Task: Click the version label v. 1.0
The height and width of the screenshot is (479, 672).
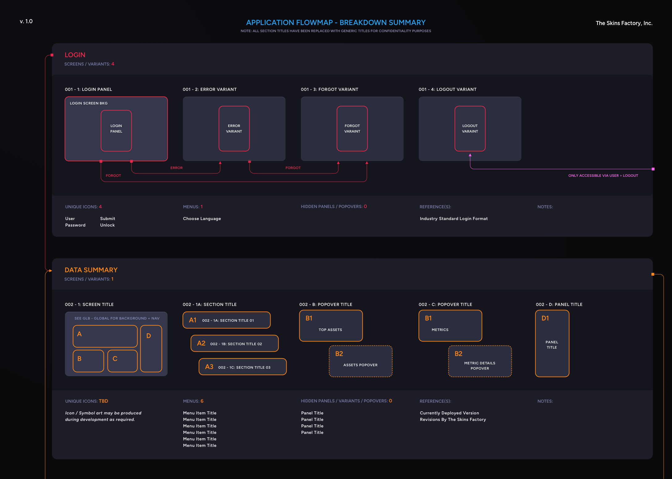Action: tap(26, 21)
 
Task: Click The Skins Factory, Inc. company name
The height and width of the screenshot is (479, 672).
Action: tap(624, 23)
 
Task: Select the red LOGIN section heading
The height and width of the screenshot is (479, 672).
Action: tap(75, 55)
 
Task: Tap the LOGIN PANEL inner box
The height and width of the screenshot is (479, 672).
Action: tap(116, 130)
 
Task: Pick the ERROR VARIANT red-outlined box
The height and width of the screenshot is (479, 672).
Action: tap(234, 129)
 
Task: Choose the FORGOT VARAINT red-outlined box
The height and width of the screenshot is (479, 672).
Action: tap(352, 129)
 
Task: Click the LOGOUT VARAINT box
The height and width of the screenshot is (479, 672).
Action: tap(470, 129)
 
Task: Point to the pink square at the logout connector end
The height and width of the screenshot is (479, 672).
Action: tap(653, 169)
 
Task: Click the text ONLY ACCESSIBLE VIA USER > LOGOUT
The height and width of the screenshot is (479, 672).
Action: tap(603, 176)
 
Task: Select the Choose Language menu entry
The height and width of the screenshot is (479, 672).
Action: tap(202, 218)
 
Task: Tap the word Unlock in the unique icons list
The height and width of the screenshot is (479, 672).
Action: tap(107, 225)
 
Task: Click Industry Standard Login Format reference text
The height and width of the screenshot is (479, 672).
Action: tap(454, 218)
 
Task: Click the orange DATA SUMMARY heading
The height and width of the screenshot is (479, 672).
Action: tap(91, 270)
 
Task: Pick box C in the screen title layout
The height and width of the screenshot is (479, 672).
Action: tap(122, 361)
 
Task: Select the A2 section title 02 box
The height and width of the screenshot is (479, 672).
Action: tap(235, 343)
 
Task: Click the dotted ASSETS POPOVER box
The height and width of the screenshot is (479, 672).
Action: tap(361, 361)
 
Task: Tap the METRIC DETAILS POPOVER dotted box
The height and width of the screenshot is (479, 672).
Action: tap(480, 361)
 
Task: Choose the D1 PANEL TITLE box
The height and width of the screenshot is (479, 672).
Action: tap(552, 343)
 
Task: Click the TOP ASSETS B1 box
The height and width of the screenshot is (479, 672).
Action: tap(331, 326)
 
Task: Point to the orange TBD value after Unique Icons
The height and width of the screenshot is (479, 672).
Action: tap(103, 401)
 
